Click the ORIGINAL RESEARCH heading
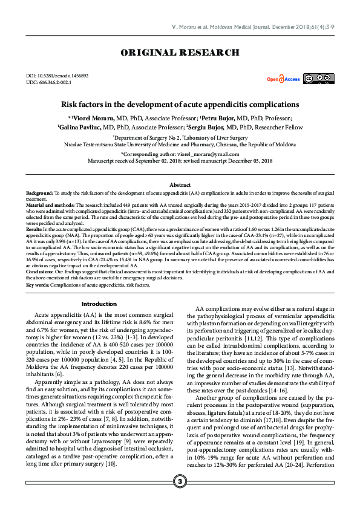coord(179,53)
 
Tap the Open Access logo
coord(284,79)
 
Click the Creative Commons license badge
coord(318,79)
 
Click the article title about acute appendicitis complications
coord(180,105)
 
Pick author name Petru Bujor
coord(221,119)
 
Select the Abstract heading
coord(180,184)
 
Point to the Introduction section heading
coord(99,304)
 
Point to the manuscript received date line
coord(180,161)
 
